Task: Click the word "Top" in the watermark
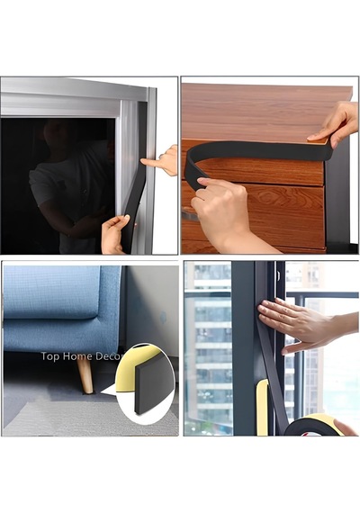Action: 49,356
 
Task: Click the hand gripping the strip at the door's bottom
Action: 114,234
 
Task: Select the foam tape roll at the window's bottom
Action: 316,426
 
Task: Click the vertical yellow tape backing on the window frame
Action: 263,408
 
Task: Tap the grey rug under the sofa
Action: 92,417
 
